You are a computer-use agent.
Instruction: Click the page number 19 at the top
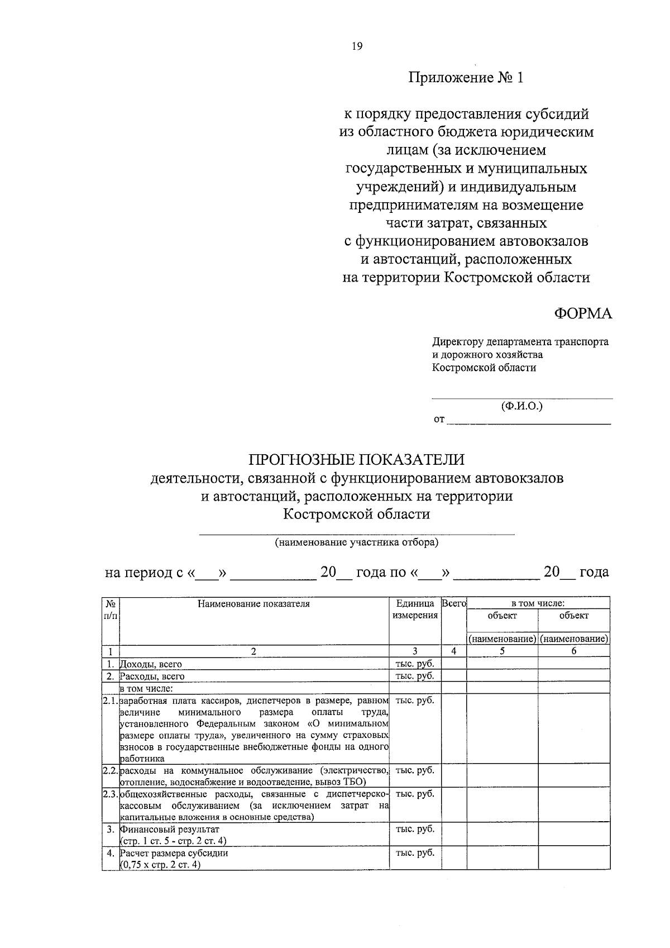[357, 47]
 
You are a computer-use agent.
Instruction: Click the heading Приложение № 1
[466, 78]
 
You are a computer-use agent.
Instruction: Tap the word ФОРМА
[583, 314]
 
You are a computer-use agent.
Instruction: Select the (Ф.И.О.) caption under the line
[521, 407]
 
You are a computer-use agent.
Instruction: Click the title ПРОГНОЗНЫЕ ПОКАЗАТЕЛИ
[356, 459]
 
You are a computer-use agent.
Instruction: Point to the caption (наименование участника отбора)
[356, 542]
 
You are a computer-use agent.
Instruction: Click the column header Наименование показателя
[253, 604]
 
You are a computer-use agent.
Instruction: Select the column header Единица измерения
[415, 609]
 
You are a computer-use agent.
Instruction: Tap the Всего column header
[453, 604]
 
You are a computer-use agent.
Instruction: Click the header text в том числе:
[538, 604]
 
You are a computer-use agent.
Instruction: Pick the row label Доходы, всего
[151, 664]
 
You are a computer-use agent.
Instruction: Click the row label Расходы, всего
[152, 677]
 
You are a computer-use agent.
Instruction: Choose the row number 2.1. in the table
[111, 700]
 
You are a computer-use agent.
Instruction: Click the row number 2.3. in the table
[111, 794]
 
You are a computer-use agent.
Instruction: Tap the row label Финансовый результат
[169, 830]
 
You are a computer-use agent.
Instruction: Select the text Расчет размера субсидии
[174, 854]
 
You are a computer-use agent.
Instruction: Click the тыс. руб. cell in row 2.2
[415, 770]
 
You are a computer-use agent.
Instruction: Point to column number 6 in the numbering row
[573, 651]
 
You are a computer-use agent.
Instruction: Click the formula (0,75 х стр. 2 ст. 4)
[160, 865]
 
